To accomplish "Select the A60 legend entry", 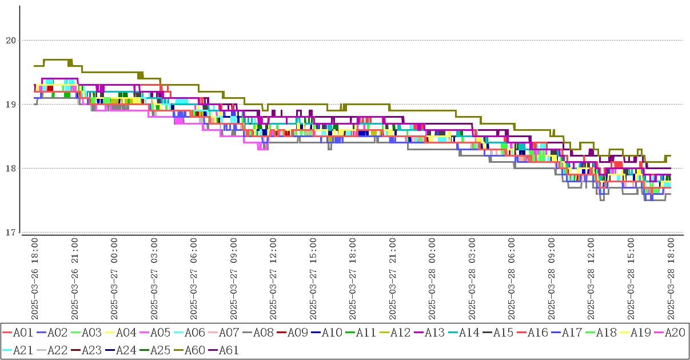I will [x=195, y=350].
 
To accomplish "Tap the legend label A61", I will [x=229, y=350].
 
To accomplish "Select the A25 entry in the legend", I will [x=161, y=350].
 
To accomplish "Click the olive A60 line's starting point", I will [x=35, y=66].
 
